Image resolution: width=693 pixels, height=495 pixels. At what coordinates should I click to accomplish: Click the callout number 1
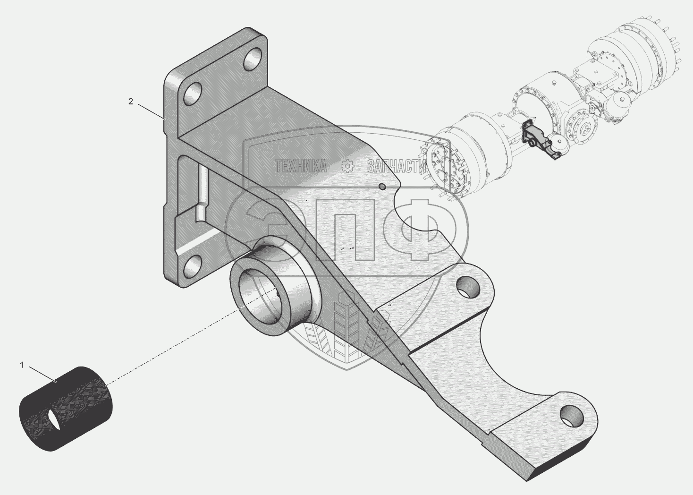tap(22, 365)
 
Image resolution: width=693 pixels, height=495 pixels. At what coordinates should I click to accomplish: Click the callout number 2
tap(131, 101)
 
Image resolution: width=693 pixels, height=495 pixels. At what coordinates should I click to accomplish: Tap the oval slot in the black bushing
tap(55, 419)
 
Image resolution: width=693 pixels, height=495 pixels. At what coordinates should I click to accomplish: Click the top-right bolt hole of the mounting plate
tap(253, 59)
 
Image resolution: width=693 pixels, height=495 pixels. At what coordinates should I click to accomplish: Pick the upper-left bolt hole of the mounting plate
tap(193, 95)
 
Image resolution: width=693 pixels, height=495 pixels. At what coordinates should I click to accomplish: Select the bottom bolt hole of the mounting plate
tap(194, 265)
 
